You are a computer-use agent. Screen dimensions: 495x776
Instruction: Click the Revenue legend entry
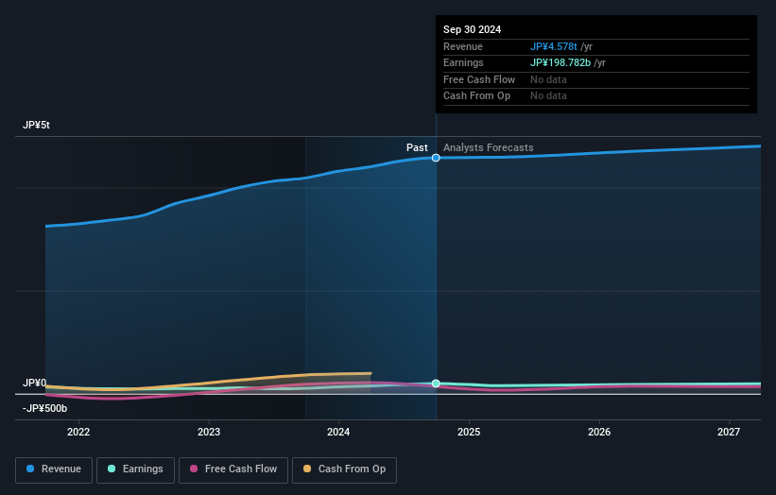[54, 469]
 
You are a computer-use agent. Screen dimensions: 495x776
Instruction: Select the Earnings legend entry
[135, 469]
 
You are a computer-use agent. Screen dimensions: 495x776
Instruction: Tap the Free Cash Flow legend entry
[233, 469]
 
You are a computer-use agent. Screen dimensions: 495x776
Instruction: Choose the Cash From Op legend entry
[344, 469]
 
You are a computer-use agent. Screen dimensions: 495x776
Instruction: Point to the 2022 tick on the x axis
[78, 432]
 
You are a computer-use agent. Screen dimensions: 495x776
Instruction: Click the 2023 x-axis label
[209, 432]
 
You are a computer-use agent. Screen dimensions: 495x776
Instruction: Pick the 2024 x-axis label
[338, 432]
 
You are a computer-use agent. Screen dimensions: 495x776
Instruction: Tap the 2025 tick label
[469, 432]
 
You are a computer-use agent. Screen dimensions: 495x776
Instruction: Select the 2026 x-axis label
[598, 432]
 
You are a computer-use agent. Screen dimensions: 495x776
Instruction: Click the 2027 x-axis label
[729, 432]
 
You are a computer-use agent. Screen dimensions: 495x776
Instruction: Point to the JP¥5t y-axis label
[37, 126]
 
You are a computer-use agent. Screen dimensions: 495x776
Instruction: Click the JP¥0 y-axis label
[34, 383]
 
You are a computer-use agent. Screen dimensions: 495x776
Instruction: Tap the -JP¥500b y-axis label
[44, 408]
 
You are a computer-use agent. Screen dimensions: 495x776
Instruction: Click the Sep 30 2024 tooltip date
[472, 29]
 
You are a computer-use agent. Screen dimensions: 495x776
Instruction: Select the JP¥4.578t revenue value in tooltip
[553, 46]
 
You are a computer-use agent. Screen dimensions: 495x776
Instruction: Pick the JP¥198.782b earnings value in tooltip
[560, 62]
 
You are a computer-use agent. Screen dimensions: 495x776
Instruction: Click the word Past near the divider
[417, 147]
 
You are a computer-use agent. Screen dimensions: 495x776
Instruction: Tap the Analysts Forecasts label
[488, 147]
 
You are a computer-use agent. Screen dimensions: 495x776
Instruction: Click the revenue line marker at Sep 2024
[436, 158]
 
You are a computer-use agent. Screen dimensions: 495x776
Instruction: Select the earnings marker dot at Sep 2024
[436, 384]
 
